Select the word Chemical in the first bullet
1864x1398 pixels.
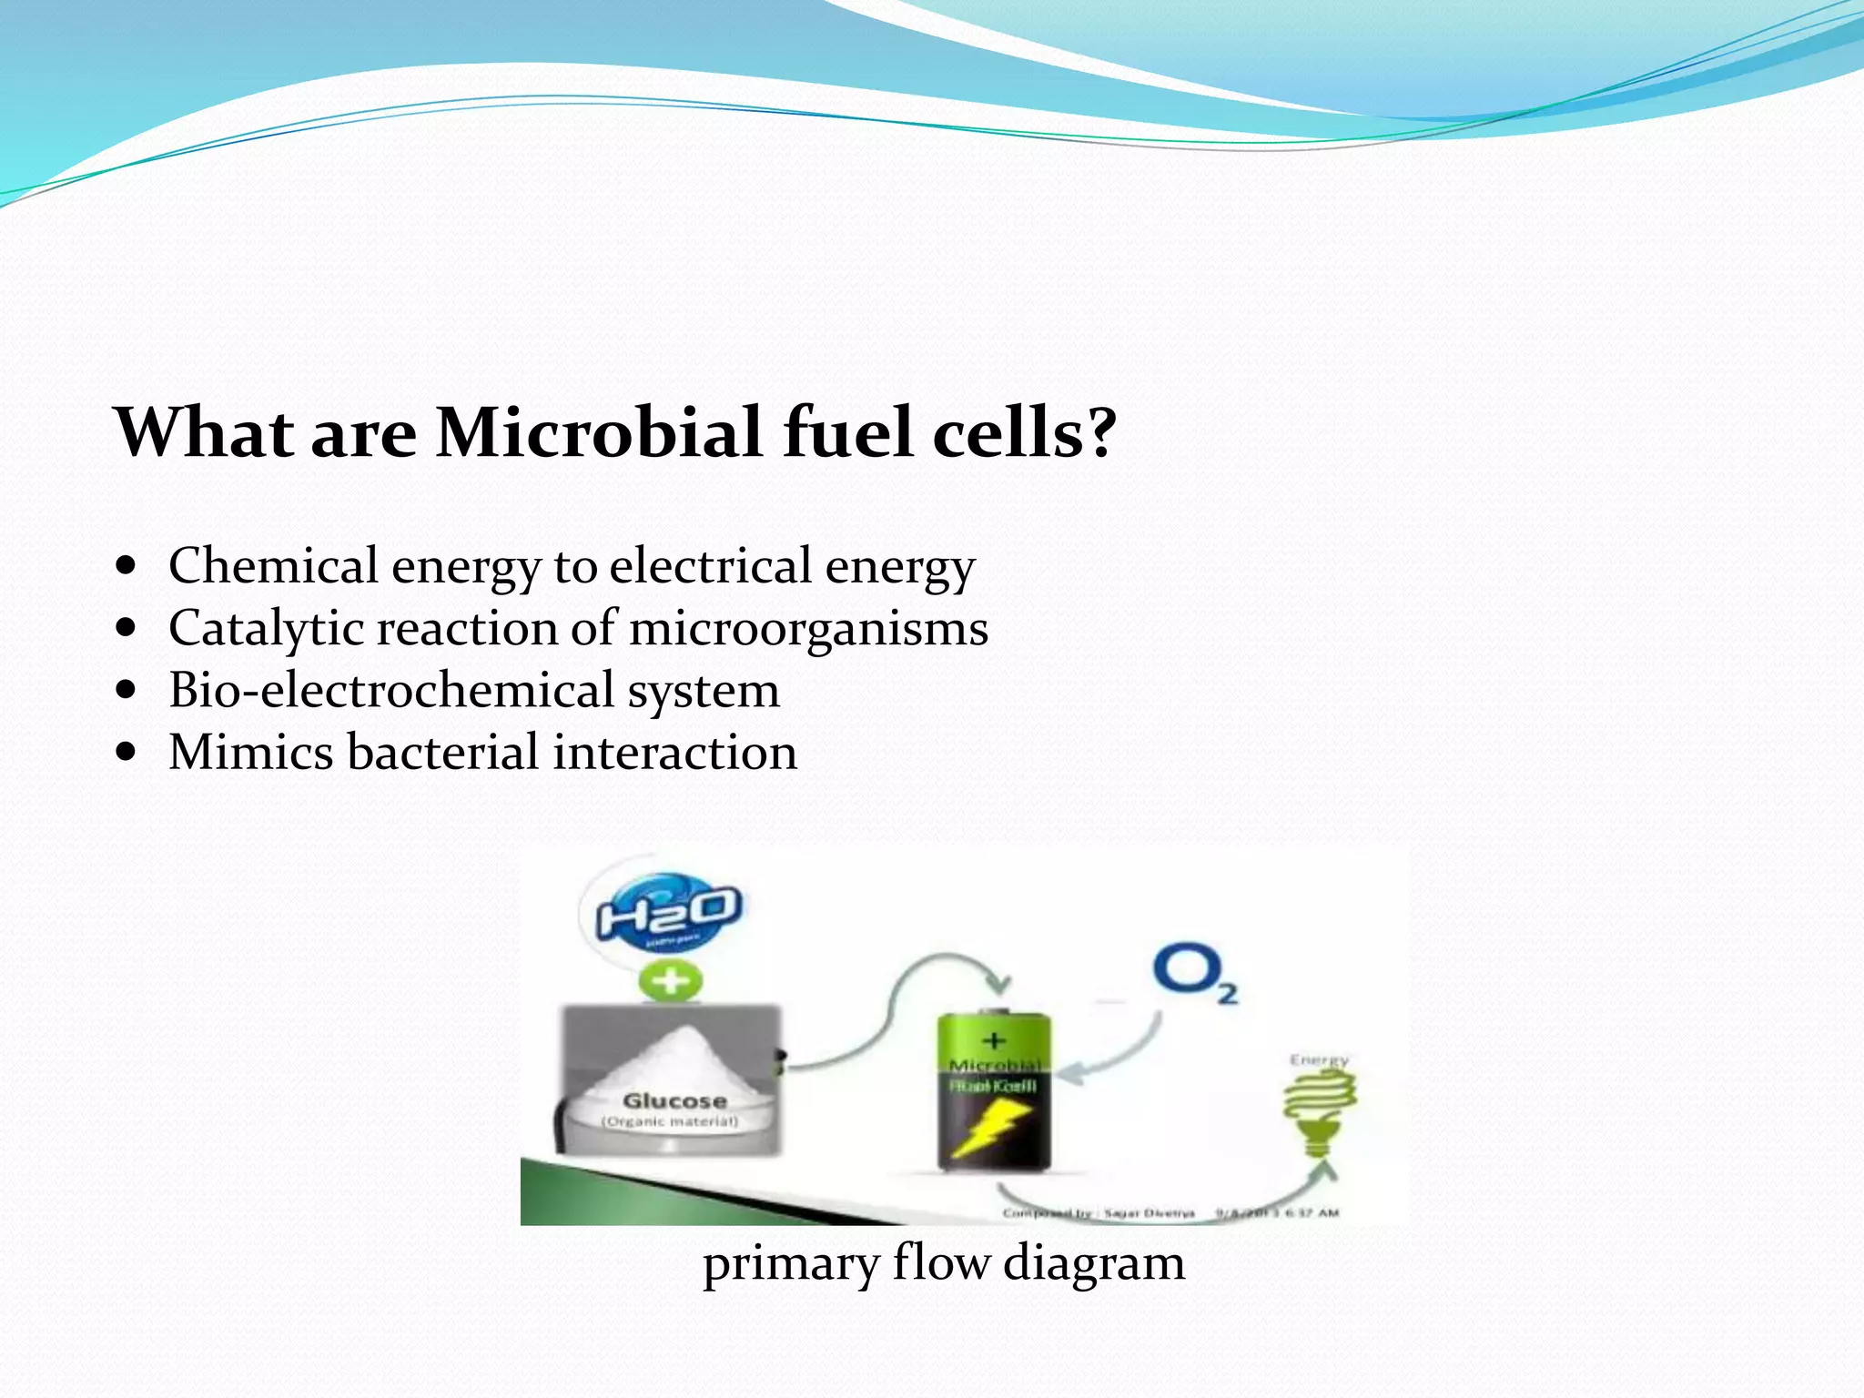click(x=273, y=566)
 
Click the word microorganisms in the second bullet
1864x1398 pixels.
click(x=808, y=630)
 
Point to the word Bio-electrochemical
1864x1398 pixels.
click(x=391, y=690)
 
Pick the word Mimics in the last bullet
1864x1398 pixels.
click(x=250, y=753)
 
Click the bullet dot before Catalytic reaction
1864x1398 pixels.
click(x=127, y=628)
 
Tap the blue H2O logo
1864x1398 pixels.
click(x=668, y=913)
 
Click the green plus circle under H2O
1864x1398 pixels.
click(x=670, y=982)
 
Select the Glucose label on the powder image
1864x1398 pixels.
click(x=674, y=1101)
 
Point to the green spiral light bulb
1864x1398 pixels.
click(x=1320, y=1110)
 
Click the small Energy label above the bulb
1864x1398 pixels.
click(x=1319, y=1060)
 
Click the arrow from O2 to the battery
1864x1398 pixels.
click(x=1124, y=1056)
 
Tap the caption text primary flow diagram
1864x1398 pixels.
click(x=944, y=1263)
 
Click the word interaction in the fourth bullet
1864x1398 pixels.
click(x=674, y=753)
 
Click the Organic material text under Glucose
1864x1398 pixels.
click(x=671, y=1122)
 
